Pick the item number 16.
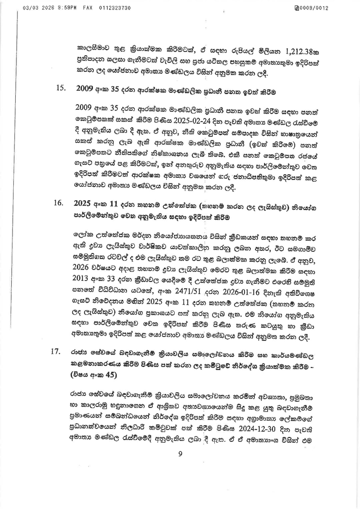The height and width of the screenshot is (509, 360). click(x=58, y=203)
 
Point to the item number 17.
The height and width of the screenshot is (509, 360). click(x=55, y=352)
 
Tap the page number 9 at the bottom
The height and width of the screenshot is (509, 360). click(x=180, y=454)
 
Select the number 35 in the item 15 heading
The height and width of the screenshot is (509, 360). click(x=114, y=89)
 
